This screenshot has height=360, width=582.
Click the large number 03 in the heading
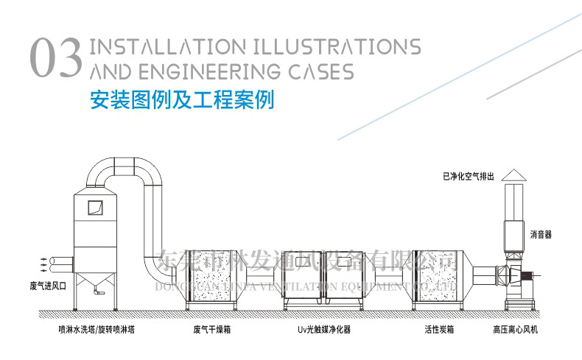55,59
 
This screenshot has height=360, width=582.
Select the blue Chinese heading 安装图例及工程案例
181,99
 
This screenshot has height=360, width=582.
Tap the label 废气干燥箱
212,330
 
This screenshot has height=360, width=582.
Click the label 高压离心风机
516,330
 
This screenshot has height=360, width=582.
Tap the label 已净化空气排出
474,176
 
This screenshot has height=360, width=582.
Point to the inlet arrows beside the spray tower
41,261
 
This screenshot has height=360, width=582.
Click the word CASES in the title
315,71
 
